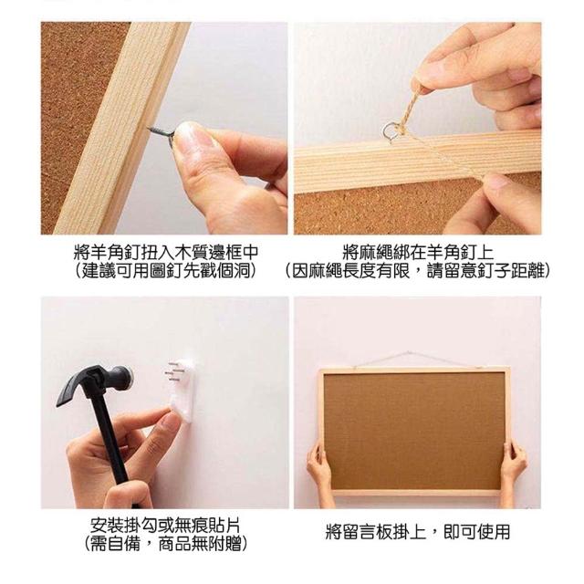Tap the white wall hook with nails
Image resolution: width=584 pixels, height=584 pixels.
182,390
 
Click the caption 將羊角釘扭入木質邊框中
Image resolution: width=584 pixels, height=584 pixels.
166,252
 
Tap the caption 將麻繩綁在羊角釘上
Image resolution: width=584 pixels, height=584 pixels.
418,252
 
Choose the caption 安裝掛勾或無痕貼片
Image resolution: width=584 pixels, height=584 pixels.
165,526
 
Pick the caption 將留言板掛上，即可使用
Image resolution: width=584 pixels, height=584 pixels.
418,531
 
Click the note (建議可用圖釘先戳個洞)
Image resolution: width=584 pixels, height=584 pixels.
166,270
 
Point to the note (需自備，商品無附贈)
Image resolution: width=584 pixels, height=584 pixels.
165,544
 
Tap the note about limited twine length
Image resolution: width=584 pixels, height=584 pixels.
418,270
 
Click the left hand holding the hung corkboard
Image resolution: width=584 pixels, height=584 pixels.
318,470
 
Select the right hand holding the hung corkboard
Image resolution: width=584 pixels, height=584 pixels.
514,465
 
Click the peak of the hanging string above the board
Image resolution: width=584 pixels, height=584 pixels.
409,351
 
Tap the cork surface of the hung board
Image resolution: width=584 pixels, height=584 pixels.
413,432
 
